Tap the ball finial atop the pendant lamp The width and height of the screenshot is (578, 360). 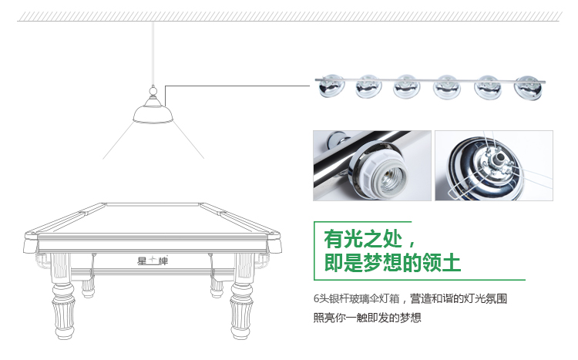153,89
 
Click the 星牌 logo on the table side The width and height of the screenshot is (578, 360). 153,261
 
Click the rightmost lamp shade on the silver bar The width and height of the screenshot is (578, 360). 528,88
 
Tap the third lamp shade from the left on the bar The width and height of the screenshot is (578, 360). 407,86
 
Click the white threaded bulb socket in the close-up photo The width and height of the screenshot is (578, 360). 383,173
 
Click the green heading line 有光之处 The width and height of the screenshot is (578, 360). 370,239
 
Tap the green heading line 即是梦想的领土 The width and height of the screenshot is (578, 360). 392,263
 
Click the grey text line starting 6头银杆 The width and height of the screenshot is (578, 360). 410,298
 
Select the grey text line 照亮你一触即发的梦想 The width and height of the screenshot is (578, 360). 367,317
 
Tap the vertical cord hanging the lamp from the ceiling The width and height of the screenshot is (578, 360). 153,53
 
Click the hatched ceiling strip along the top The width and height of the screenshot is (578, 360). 289,16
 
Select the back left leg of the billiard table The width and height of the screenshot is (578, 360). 88,286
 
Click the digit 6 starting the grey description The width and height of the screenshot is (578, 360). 316,298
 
